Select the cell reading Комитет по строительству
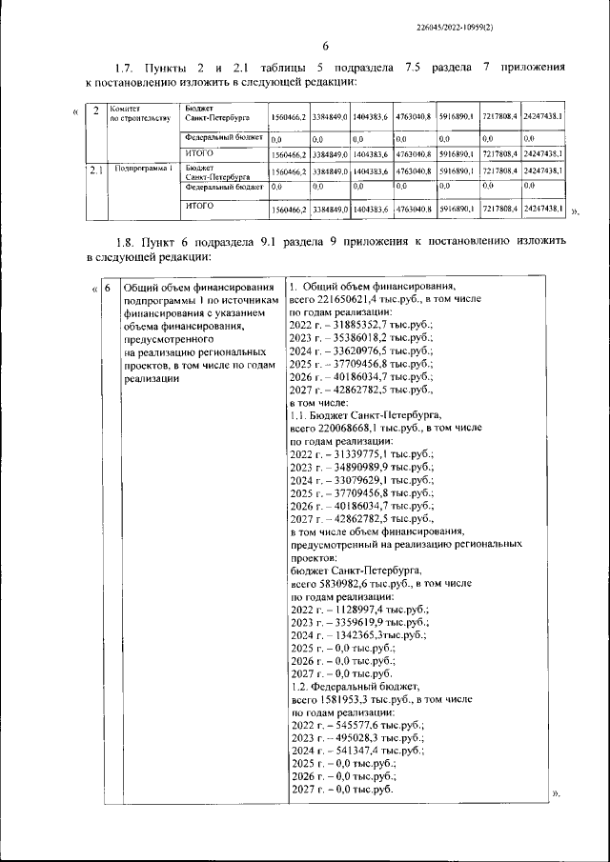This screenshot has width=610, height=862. (x=139, y=113)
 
